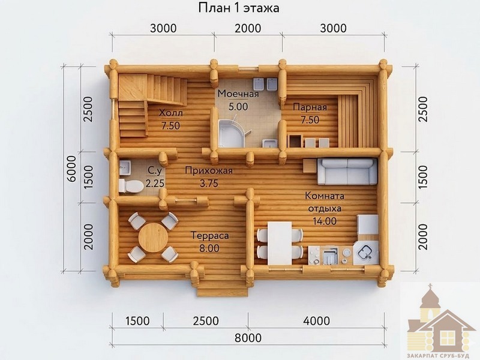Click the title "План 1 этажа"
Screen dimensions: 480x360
click(239, 8)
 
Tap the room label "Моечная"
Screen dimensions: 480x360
click(238, 94)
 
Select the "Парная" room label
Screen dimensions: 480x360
click(310, 107)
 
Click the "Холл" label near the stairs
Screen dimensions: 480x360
click(171, 113)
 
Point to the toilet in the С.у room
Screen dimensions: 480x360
click(131, 186)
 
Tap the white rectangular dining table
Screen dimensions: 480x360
click(280, 244)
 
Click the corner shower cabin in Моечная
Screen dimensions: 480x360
click(232, 133)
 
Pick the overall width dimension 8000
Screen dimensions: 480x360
click(248, 338)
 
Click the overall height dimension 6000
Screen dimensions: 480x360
click(71, 169)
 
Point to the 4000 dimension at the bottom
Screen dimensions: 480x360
click(317, 321)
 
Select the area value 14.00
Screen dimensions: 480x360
click(325, 221)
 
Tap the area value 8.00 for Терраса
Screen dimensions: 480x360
click(209, 248)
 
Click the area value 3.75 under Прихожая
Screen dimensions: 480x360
click(209, 184)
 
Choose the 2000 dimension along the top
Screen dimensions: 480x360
click(248, 28)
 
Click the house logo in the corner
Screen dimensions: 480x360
click(442, 322)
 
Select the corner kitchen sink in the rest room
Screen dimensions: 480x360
click(365, 253)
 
